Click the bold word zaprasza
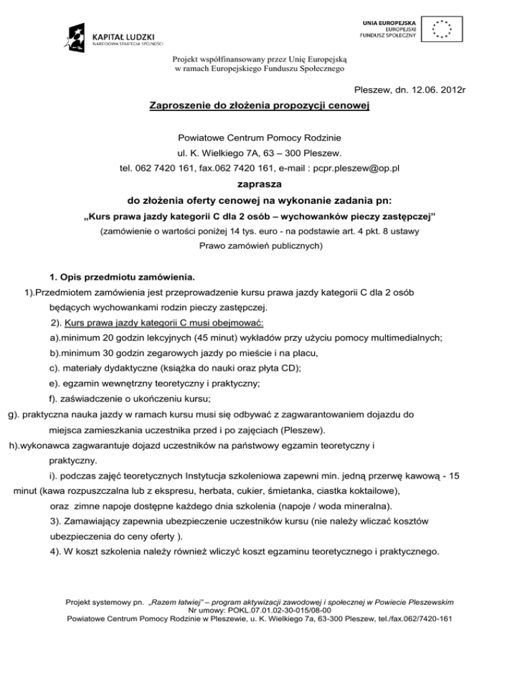259,183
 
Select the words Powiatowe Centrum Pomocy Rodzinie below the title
259,137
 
